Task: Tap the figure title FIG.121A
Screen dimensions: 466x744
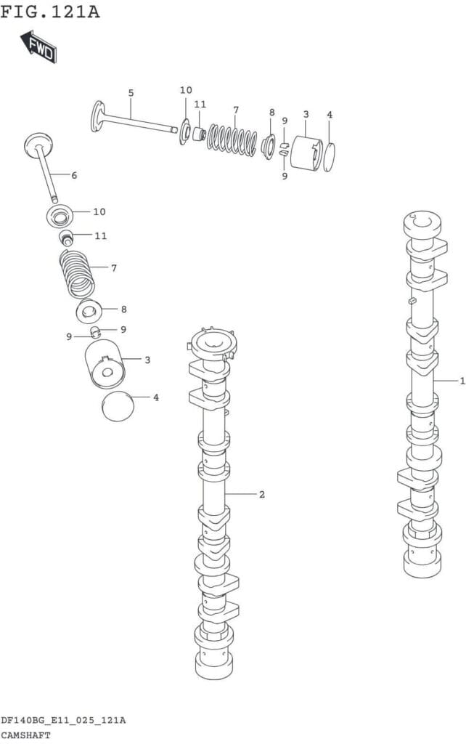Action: coord(50,11)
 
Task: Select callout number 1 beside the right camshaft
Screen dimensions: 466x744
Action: coord(462,381)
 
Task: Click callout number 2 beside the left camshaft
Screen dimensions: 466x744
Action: coord(262,494)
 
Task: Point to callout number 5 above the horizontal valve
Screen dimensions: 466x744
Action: coord(131,93)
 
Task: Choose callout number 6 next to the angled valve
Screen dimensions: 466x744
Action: coord(74,176)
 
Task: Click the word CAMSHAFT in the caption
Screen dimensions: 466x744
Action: coord(25,735)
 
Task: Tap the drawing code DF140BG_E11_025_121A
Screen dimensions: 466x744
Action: coord(63,721)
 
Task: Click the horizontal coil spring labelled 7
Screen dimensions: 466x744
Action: coord(232,139)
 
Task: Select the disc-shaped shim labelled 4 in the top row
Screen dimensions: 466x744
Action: coord(329,157)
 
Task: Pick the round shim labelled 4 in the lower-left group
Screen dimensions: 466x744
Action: coord(118,406)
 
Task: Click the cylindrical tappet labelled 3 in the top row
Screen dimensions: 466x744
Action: coord(306,153)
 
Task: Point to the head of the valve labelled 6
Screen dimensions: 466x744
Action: coord(38,142)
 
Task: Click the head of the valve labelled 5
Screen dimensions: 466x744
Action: coord(97,116)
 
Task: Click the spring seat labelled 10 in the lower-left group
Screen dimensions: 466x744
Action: coord(60,217)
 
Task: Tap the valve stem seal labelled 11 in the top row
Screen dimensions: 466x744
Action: coord(199,134)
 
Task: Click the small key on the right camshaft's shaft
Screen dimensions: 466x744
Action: coord(412,300)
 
